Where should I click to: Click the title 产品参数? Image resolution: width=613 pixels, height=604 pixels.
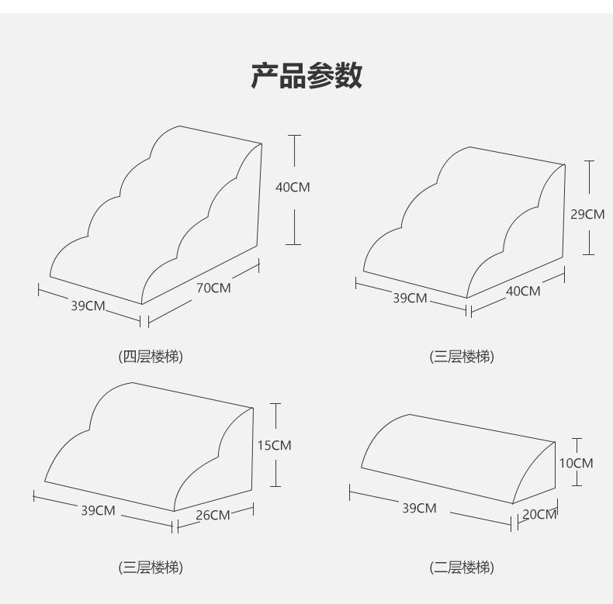(x=306, y=76)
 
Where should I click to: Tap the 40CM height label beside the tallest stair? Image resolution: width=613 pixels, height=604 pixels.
(x=293, y=187)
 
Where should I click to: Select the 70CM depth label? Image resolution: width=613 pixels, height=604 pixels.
(x=213, y=288)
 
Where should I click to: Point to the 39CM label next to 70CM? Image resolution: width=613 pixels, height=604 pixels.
(x=88, y=305)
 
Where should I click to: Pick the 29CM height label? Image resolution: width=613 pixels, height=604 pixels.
(x=587, y=214)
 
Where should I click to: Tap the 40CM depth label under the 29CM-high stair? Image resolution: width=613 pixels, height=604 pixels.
(x=523, y=292)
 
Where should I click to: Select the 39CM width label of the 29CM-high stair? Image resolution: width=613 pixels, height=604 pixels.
(x=410, y=298)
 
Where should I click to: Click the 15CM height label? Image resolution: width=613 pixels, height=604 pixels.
(x=274, y=445)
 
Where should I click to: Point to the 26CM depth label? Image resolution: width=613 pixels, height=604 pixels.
(x=213, y=515)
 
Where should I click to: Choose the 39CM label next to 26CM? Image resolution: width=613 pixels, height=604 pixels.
(x=98, y=510)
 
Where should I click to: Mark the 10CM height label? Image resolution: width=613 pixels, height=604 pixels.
(x=576, y=463)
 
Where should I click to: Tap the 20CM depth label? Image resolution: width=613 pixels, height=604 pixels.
(x=539, y=514)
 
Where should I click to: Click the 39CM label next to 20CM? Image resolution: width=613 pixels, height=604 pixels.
(x=419, y=508)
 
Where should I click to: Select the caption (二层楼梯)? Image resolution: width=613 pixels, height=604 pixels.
(x=462, y=568)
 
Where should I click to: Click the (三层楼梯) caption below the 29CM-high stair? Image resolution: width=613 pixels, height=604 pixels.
(x=462, y=357)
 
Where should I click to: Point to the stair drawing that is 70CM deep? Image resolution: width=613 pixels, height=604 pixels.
(x=155, y=217)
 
